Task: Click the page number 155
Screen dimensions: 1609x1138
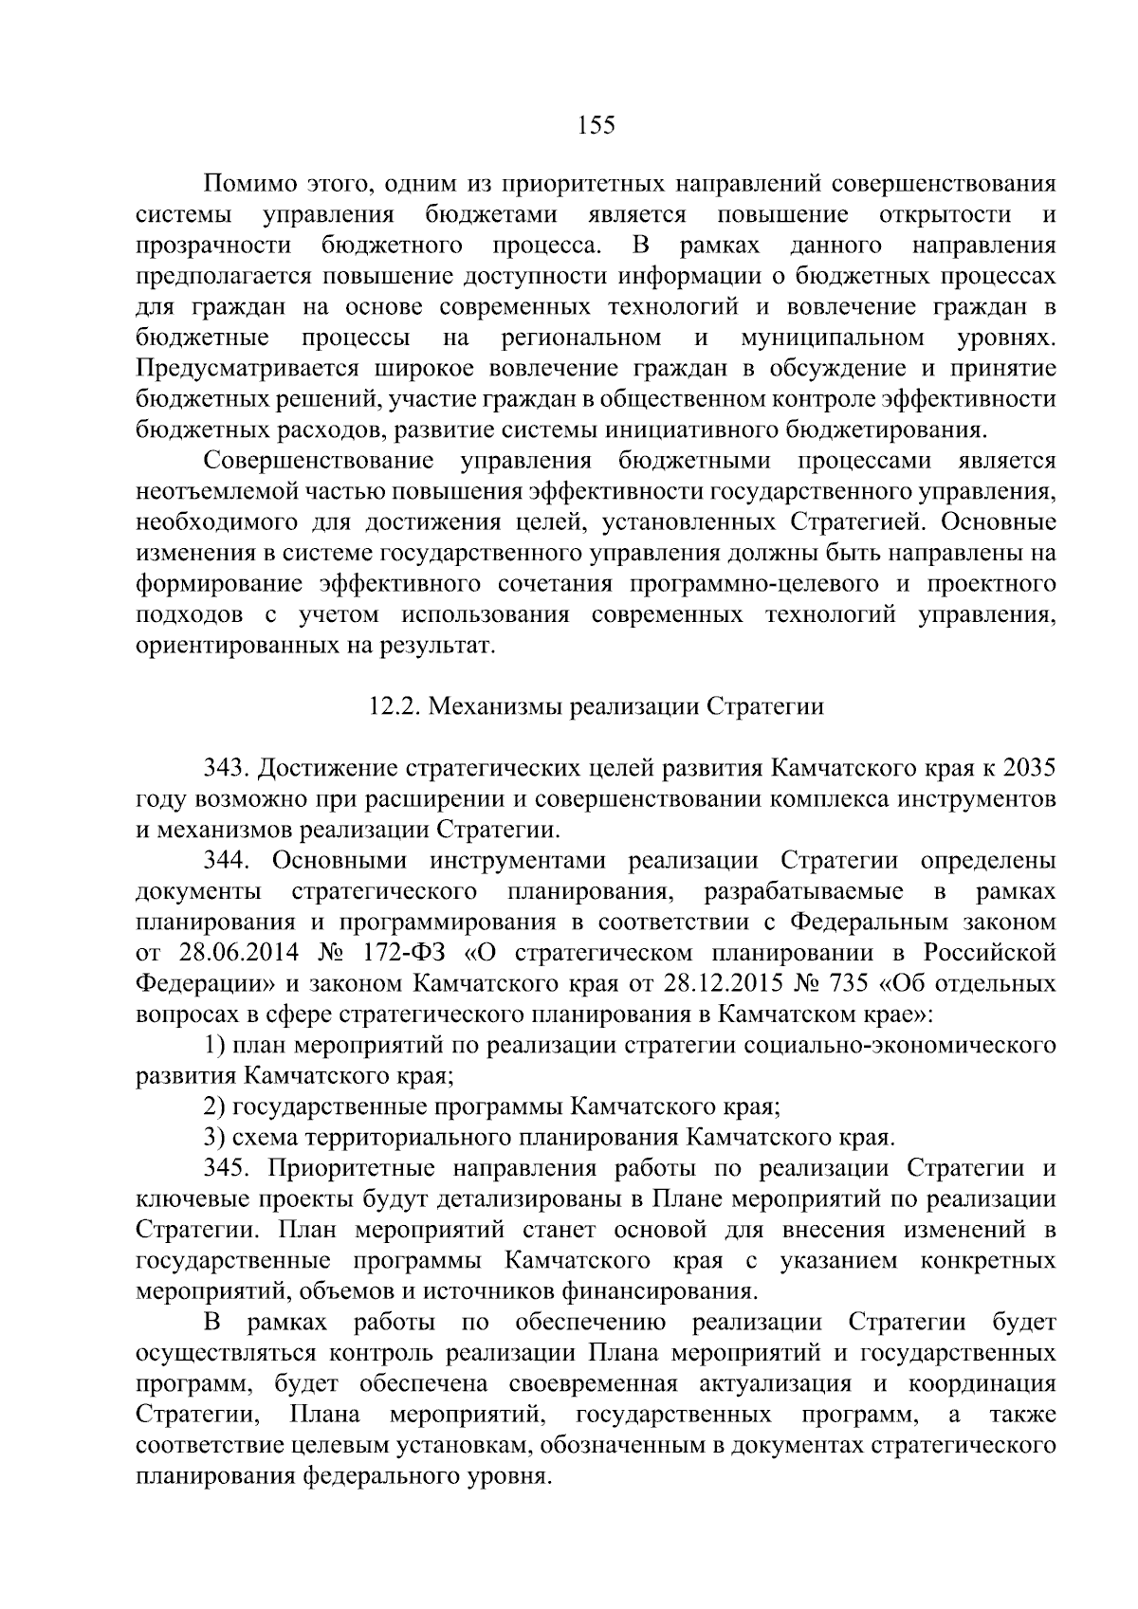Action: point(596,125)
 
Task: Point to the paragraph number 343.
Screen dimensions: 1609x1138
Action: point(227,767)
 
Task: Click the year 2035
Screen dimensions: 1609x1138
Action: point(1029,767)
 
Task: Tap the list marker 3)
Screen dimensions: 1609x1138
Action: point(214,1137)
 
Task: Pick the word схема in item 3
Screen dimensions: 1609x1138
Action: point(262,1137)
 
